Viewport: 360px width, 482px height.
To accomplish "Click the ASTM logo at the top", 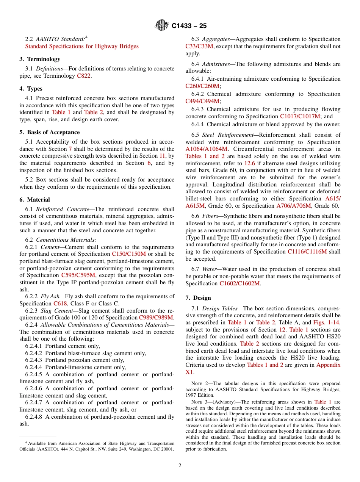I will coord(162,26).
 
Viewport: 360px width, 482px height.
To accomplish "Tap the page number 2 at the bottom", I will coord(180,465).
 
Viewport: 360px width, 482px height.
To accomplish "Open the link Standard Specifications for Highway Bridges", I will coord(81,46).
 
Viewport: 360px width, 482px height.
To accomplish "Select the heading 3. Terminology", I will coord(40,59).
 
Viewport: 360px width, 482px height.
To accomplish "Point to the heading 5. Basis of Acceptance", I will coord(50,132).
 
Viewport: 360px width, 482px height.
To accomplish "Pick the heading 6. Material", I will coord(35,200).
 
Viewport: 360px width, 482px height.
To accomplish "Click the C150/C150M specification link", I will coord(129,254).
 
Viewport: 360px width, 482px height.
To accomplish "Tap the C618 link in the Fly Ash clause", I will coord(60,304).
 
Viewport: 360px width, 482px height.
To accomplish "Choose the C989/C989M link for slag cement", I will coord(156,318).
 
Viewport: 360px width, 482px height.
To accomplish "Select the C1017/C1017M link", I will coord(300,116).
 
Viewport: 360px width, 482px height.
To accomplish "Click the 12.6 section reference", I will coord(249,163).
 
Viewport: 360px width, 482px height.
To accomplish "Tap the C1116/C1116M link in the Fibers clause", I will coord(307,252).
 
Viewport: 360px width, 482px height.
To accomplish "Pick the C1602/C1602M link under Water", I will coord(239,283).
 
